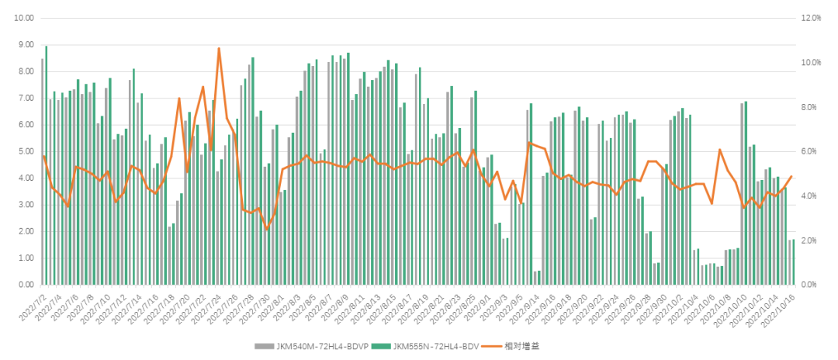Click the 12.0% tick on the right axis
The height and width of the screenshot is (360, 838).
click(810, 18)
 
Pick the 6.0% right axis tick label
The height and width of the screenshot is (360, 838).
click(812, 151)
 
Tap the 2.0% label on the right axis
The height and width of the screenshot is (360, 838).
click(812, 241)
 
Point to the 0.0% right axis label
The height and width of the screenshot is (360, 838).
click(812, 285)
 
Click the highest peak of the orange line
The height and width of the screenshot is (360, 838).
click(219, 49)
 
